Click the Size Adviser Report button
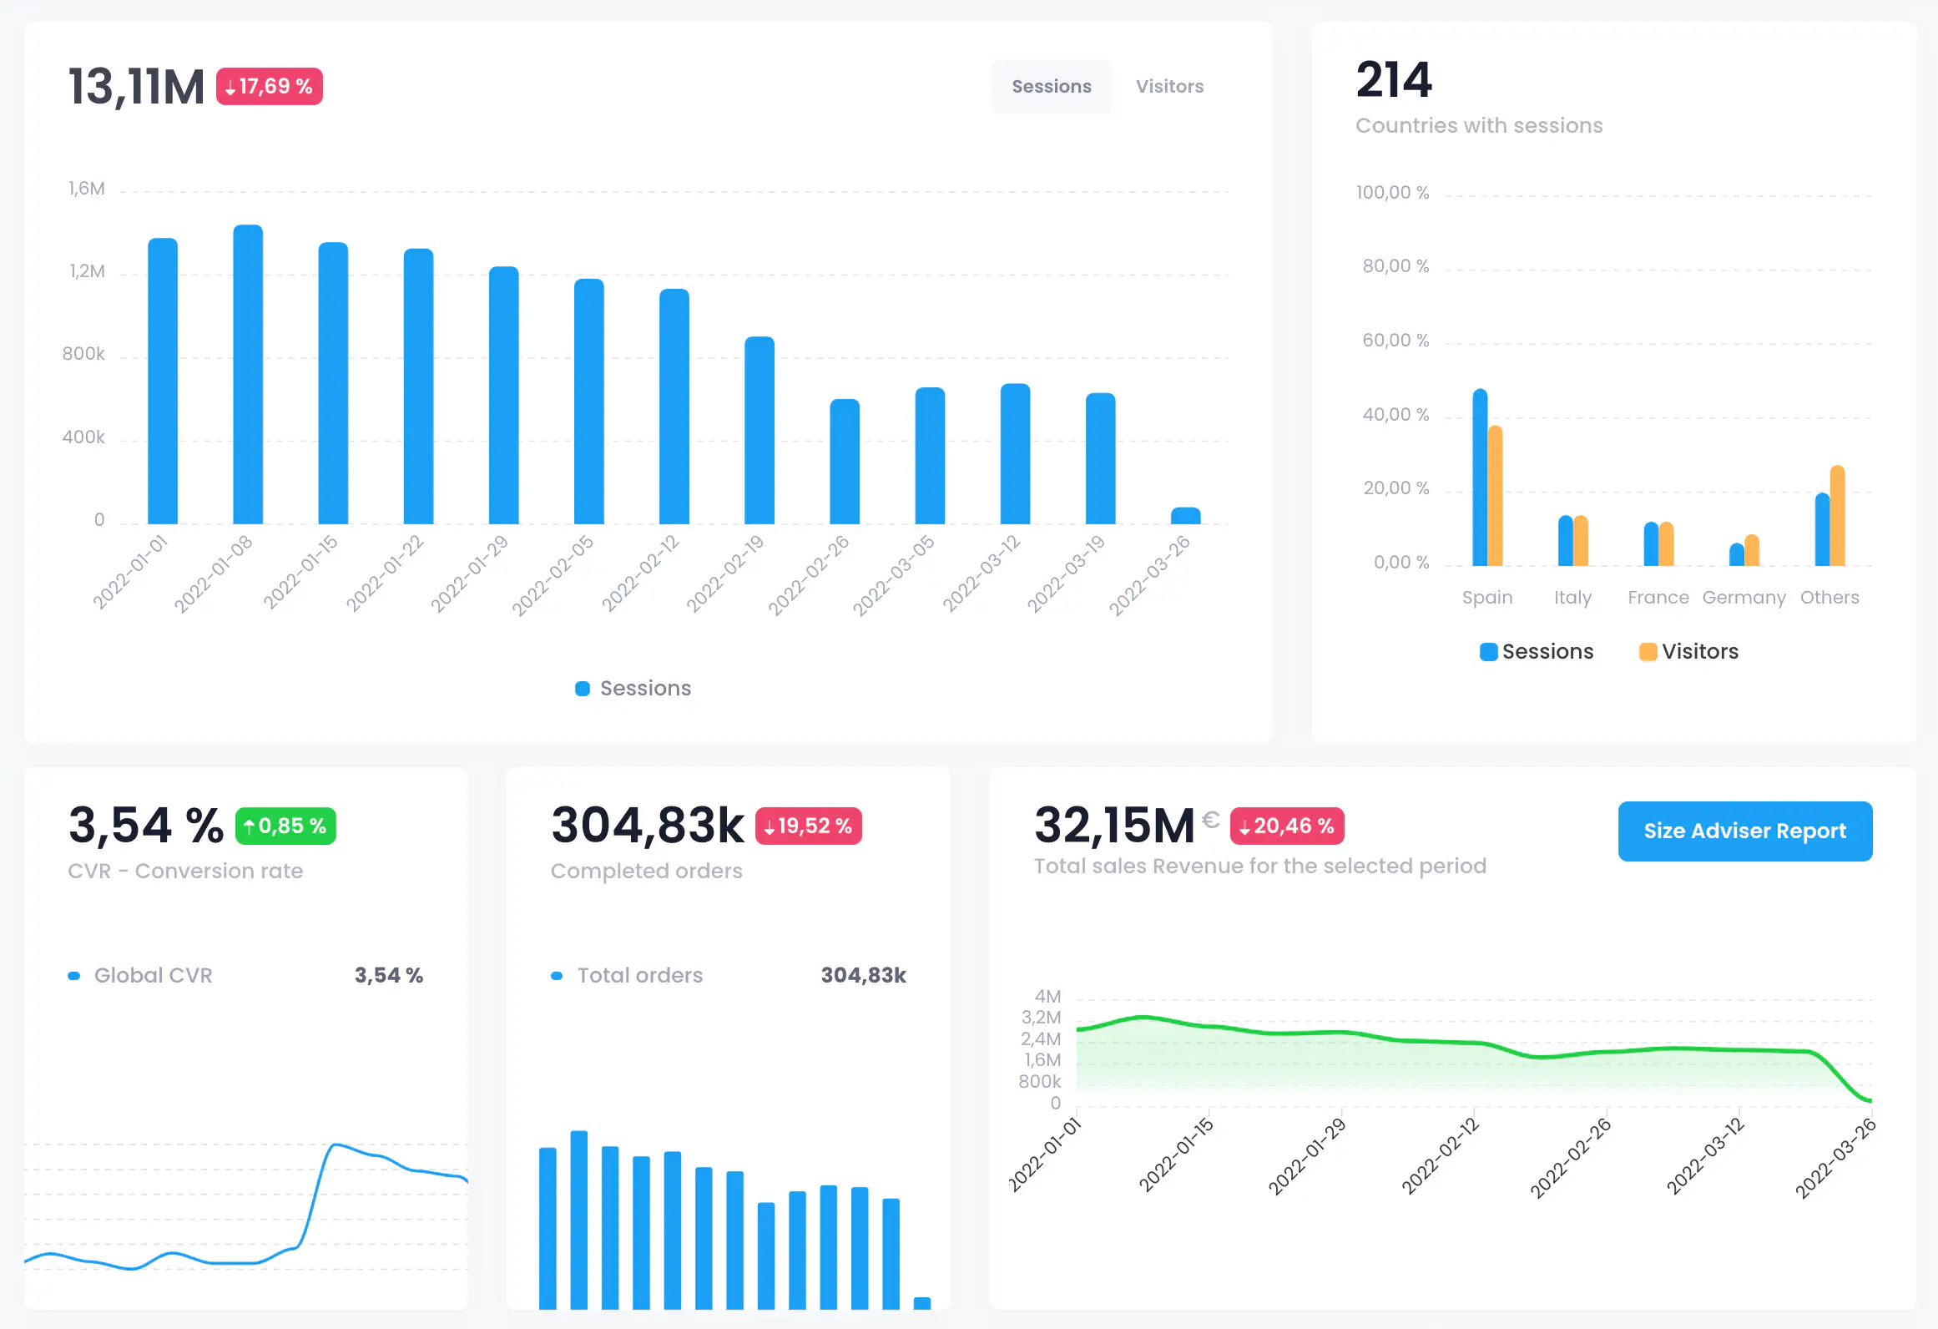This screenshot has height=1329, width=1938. point(1744,831)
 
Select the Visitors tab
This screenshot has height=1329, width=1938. point(1169,86)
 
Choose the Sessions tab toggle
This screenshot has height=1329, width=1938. point(1051,86)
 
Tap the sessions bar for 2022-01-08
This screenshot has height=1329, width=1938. point(248,376)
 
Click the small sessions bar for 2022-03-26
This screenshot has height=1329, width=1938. point(1185,516)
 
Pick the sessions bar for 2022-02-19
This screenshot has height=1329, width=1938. point(760,430)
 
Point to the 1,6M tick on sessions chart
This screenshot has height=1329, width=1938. point(87,189)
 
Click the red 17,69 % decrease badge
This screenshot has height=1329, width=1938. point(269,86)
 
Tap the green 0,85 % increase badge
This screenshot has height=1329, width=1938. point(285,826)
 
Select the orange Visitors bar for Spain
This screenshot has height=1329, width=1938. point(1496,497)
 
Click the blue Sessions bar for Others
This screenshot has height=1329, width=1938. point(1822,530)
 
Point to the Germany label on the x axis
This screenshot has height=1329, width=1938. point(1744,598)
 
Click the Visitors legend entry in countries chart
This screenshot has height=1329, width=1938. point(1689,651)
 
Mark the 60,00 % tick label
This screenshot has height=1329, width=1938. point(1395,341)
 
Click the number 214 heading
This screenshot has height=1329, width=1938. point(1394,80)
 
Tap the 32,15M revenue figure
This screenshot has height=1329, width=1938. point(1114,826)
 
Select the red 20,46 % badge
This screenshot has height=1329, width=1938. point(1286,826)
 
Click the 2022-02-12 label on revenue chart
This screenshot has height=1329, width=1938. point(1441,1156)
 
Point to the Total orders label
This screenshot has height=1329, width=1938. point(639,975)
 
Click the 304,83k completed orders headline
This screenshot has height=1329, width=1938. point(647,826)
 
